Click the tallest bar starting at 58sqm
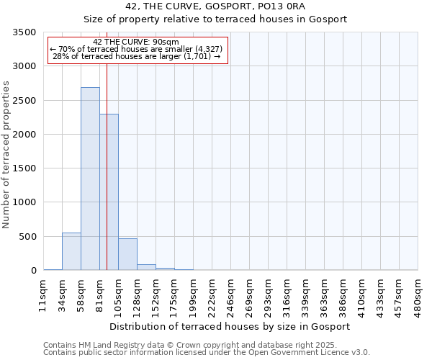click(x=91, y=179)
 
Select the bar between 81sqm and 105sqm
click(x=109, y=192)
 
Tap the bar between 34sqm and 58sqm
click(x=71, y=251)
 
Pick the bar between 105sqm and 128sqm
click(x=128, y=254)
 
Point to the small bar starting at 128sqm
click(x=147, y=267)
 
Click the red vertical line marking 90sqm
click(x=107, y=151)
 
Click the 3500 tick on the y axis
click(x=24, y=32)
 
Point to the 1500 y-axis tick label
click(x=24, y=168)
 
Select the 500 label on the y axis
click(x=27, y=237)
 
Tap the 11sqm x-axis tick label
click(x=42, y=295)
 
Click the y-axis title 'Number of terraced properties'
click(x=6, y=155)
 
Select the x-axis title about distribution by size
click(x=230, y=327)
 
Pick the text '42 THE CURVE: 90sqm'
click(x=136, y=42)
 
